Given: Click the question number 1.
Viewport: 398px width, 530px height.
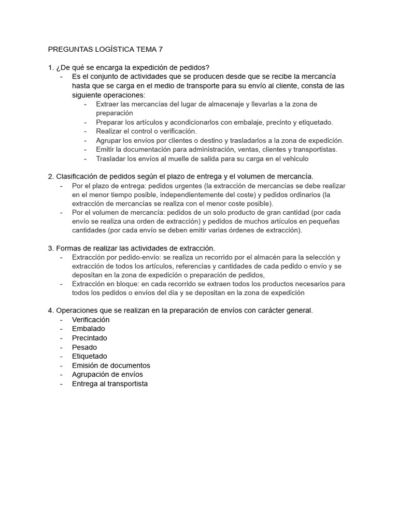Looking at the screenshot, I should [x=50, y=67].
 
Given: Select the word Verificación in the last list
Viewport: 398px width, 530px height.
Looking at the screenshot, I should [x=91, y=319].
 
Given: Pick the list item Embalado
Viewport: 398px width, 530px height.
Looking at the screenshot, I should [x=88, y=329].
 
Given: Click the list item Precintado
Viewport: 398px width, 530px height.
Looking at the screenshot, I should [x=90, y=338].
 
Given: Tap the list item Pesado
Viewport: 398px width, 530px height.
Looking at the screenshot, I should [x=84, y=347].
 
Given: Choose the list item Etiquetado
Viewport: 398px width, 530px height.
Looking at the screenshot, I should [x=90, y=356].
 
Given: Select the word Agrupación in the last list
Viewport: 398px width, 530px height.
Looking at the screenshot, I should [x=92, y=374].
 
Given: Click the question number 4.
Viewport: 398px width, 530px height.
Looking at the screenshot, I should [x=50, y=311].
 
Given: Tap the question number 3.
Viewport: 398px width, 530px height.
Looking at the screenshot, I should [x=50, y=248].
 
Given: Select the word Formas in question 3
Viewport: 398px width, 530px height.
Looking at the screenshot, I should [x=68, y=248].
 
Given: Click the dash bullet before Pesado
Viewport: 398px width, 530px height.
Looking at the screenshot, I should [x=61, y=347].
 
